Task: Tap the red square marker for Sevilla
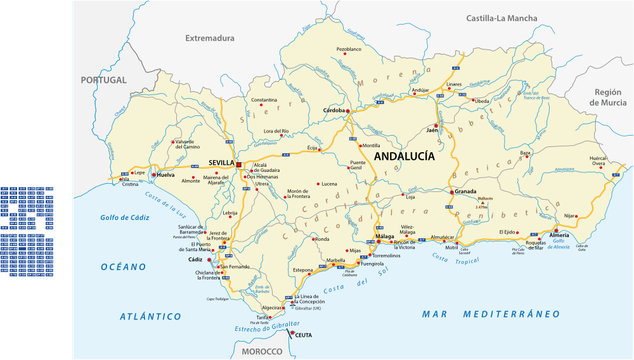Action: tap(238, 164)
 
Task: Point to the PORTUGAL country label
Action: tap(105, 79)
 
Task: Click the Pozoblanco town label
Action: tap(349, 48)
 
